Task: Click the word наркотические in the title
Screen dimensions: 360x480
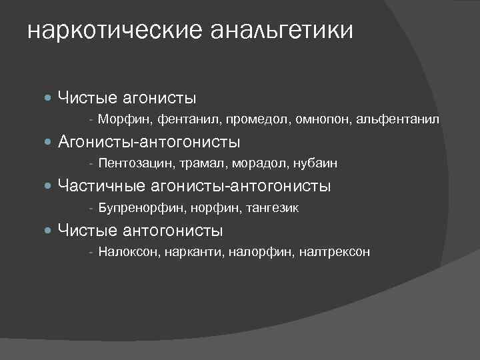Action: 114,31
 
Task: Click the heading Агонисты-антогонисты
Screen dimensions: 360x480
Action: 149,142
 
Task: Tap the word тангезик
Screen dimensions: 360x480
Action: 273,208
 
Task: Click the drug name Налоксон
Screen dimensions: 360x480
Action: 127,252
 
